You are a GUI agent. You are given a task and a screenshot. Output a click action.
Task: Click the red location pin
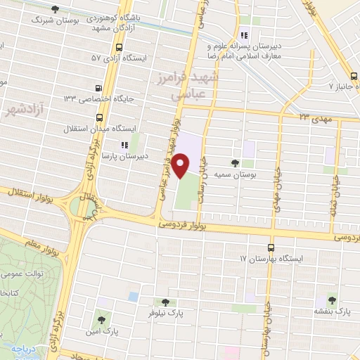coord(181,166)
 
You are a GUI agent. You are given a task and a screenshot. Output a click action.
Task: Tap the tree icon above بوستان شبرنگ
coord(56,9)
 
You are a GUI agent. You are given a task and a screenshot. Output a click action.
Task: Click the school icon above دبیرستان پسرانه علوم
coord(244,35)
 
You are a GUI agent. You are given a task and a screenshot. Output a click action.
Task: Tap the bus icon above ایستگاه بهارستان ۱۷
coord(271,247)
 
